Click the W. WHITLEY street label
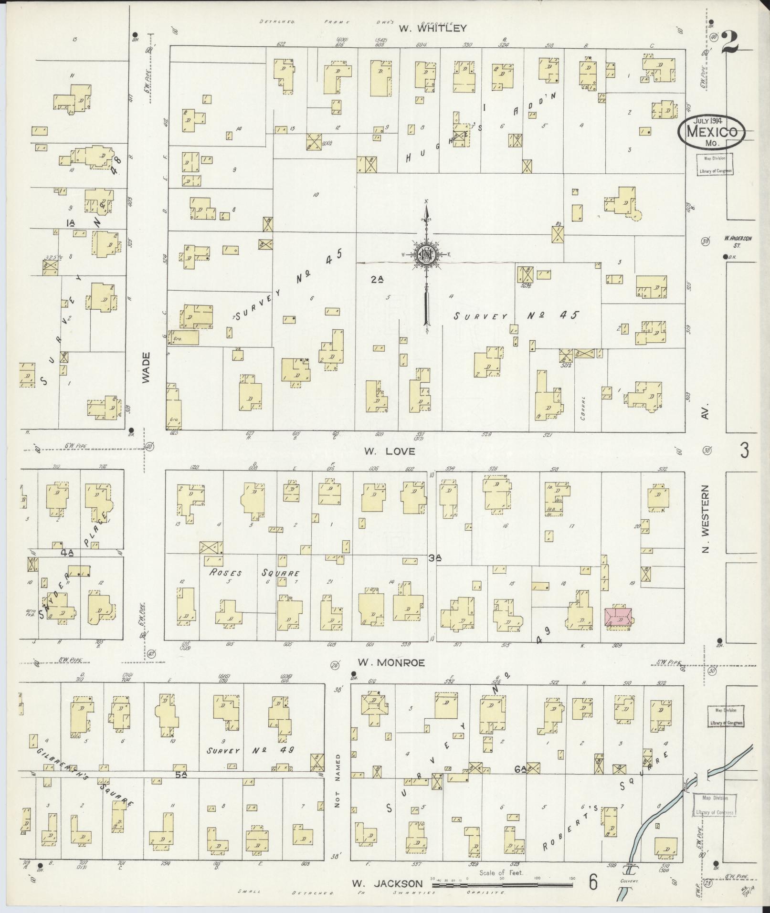pos(432,28)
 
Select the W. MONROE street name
pos(390,662)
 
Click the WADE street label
pos(146,367)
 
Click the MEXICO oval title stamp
pos(711,129)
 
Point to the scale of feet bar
pos(501,885)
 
